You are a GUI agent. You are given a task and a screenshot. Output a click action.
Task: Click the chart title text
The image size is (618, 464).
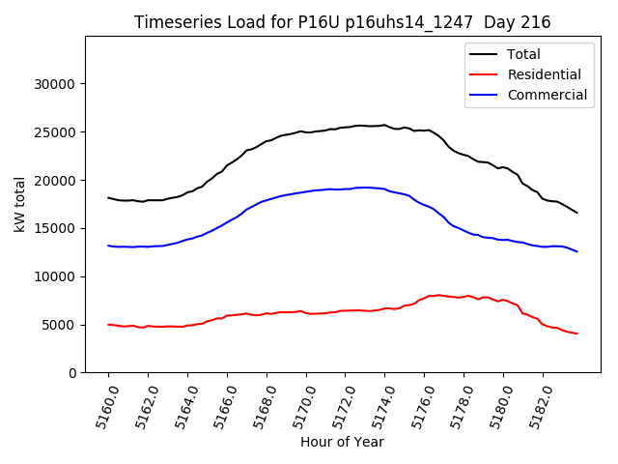tap(341, 22)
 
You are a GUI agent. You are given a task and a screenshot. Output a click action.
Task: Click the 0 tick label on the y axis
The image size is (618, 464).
tap(72, 373)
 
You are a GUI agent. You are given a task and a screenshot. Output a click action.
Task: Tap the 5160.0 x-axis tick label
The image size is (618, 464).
tap(102, 405)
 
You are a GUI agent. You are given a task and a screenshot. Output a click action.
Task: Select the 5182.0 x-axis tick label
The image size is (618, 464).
tap(537, 405)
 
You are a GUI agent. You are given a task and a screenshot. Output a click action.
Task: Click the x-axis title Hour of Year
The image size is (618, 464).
tap(342, 442)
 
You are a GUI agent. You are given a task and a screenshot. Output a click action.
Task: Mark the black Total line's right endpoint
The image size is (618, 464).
tap(577, 213)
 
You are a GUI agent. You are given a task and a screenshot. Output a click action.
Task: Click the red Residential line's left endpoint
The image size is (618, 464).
tap(108, 325)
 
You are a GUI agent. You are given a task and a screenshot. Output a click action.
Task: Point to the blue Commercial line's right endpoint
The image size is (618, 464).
tap(577, 251)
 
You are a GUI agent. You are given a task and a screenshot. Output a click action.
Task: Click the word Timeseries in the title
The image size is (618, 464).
tap(169, 22)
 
